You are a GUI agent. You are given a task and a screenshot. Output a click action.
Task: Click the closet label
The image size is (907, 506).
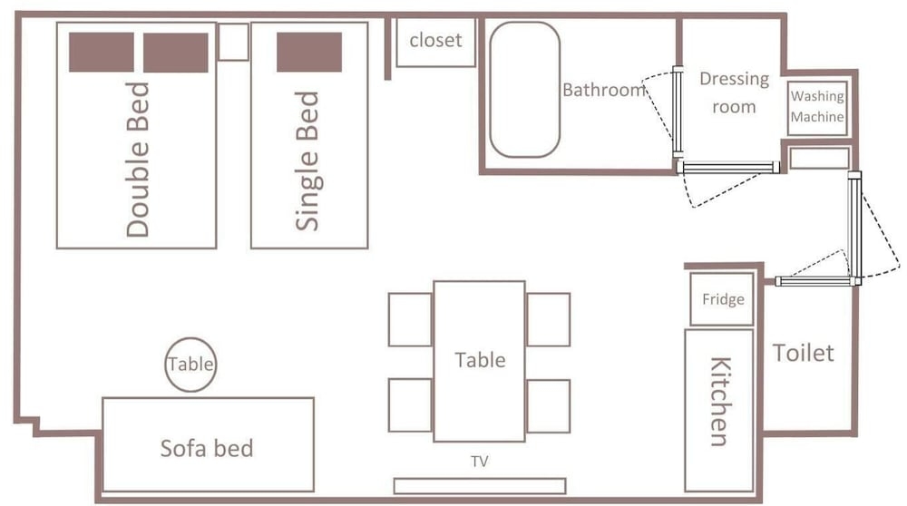(435, 41)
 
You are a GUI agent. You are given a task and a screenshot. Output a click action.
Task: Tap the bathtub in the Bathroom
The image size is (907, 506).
(524, 90)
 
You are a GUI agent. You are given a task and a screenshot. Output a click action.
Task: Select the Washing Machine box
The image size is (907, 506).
(817, 108)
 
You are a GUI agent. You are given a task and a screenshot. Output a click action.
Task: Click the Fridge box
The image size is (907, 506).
(723, 299)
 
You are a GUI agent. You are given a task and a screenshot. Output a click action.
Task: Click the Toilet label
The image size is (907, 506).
(804, 353)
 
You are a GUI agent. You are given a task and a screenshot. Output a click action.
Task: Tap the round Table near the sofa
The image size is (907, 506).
(190, 365)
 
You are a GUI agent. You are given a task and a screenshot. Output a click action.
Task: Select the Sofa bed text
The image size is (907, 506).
(207, 448)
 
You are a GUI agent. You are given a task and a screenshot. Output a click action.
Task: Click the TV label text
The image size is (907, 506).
(480, 461)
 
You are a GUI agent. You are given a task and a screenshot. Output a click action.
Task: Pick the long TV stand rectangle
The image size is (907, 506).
(480, 486)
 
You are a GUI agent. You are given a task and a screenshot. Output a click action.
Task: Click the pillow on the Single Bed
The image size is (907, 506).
(309, 52)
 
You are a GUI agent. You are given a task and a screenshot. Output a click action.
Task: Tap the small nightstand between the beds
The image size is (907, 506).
(234, 42)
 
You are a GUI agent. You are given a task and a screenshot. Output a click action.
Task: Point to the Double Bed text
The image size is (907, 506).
(138, 160)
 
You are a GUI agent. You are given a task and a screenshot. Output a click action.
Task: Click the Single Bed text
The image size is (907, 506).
(307, 161)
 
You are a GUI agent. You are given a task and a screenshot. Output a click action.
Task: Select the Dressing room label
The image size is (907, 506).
(734, 92)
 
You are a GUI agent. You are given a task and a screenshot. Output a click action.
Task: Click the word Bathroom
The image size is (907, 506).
(604, 90)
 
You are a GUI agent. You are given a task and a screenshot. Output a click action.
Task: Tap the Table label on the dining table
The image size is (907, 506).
(480, 360)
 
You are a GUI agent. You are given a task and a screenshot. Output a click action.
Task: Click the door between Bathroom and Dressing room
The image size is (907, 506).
(678, 112)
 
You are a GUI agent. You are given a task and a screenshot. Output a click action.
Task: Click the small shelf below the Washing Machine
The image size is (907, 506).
(819, 159)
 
